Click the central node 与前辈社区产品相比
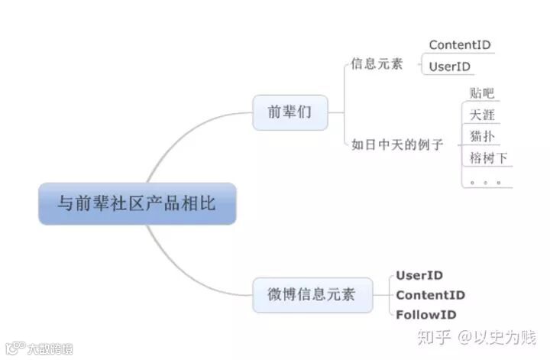(x=137, y=203)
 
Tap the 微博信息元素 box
(x=312, y=294)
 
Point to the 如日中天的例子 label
(x=397, y=143)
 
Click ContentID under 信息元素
(x=460, y=45)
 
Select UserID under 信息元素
(x=450, y=66)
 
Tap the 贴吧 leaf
(x=481, y=93)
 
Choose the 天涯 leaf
(x=482, y=115)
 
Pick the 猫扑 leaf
(x=482, y=137)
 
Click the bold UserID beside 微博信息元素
(x=419, y=275)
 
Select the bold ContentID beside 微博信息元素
(x=430, y=295)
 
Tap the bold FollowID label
(x=426, y=314)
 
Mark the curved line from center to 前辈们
(x=183, y=138)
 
